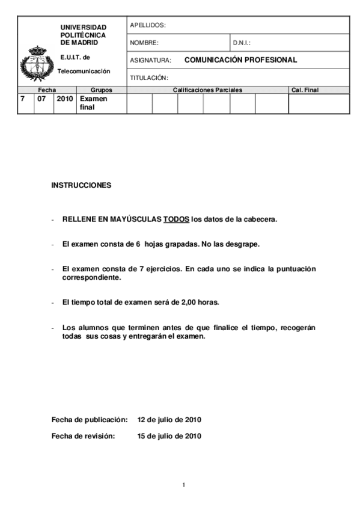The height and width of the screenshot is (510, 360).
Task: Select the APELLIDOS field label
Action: click(147, 25)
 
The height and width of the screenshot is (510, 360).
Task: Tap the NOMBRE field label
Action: click(144, 43)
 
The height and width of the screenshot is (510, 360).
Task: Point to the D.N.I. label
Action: click(242, 43)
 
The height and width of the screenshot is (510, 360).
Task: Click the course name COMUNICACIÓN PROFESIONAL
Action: click(240, 60)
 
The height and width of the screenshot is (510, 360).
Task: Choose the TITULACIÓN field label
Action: click(149, 78)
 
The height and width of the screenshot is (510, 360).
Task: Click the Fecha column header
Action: click(46, 90)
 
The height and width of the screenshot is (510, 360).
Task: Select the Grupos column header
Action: click(101, 90)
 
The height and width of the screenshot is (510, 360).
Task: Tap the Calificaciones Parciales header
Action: click(207, 90)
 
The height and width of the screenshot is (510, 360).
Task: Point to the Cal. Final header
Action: click(305, 90)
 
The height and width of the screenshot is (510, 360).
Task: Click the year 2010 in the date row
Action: click(64, 99)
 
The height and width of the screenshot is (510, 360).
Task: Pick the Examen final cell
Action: click(93, 103)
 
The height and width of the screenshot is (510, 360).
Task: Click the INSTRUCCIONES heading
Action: click(81, 185)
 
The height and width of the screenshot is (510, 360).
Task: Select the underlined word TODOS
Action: click(176, 219)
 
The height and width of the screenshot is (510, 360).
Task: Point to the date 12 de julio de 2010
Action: click(169, 419)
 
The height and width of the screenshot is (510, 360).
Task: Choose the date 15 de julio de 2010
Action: click(169, 436)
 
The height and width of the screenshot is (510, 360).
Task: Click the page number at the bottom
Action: click(184, 485)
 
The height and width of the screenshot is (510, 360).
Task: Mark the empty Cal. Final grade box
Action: click(319, 103)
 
